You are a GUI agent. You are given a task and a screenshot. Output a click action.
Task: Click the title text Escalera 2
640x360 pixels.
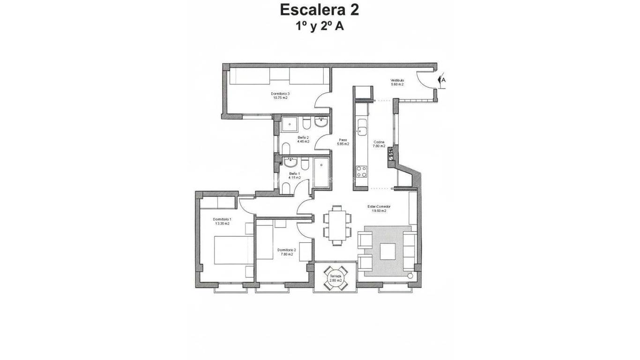click(320, 9)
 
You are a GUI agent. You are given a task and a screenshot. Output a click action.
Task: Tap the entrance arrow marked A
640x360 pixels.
click(441, 80)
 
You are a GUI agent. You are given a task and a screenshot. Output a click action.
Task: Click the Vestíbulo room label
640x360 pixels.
click(397, 81)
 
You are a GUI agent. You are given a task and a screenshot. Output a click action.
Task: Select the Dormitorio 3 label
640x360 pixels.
click(280, 94)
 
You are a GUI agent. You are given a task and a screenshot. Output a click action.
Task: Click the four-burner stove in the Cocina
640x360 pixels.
click(362, 172)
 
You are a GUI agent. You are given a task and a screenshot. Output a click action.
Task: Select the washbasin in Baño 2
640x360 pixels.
click(321, 123)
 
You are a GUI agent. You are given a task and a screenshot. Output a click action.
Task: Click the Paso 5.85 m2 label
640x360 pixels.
click(343, 142)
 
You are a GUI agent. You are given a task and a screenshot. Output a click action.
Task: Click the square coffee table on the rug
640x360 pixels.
click(387, 251)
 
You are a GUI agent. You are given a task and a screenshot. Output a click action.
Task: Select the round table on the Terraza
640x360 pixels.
click(336, 277)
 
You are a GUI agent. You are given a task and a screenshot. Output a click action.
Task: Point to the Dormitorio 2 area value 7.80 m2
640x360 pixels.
click(285, 255)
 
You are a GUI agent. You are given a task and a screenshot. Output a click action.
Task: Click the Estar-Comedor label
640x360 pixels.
click(379, 206)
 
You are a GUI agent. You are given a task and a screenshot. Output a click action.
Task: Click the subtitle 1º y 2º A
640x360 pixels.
click(320, 26)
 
